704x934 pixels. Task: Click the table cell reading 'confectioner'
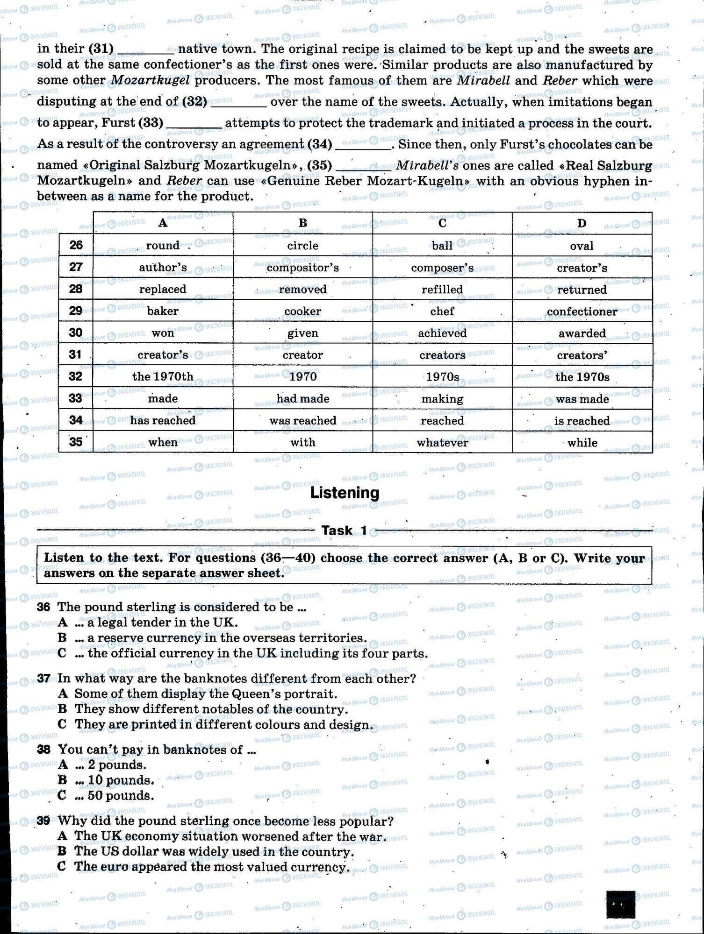[x=582, y=311]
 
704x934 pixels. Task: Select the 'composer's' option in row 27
[x=442, y=268]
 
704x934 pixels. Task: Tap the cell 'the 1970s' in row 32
[x=582, y=377]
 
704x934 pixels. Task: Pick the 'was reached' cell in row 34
[x=303, y=421]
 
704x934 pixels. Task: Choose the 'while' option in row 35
[x=582, y=443]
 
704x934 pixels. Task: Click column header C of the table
[x=442, y=223]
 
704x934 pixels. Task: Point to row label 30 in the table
[x=76, y=333]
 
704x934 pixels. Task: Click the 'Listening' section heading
[x=345, y=493]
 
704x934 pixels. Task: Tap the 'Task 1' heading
[x=344, y=531]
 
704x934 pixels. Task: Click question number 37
[x=43, y=679]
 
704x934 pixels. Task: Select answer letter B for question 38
[x=62, y=780]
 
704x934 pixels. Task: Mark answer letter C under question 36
[x=62, y=653]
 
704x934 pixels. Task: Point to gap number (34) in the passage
[x=320, y=144]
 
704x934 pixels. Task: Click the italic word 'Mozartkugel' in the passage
[x=150, y=80]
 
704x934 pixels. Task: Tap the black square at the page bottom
[x=620, y=904]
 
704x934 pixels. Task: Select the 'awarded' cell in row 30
[x=582, y=333]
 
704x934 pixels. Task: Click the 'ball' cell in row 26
[x=442, y=246]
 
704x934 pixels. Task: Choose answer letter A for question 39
[x=62, y=836]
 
